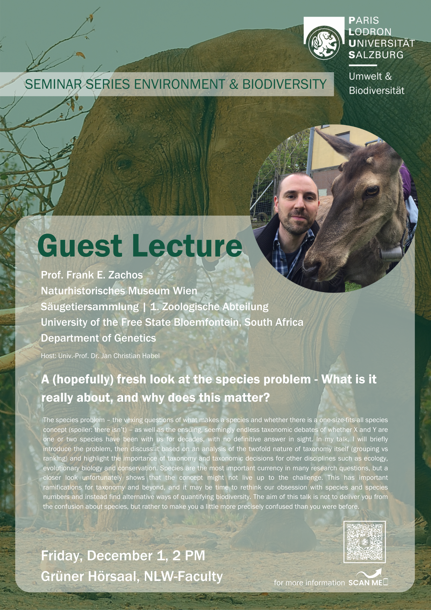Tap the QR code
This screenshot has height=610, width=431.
(x=365, y=542)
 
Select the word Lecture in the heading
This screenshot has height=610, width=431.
(x=187, y=246)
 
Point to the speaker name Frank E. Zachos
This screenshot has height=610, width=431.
(x=105, y=275)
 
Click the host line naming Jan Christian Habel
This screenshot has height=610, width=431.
(x=100, y=356)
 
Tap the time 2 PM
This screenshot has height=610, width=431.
(x=189, y=555)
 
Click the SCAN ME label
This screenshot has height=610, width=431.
(x=365, y=583)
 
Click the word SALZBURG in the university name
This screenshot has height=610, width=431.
(x=376, y=55)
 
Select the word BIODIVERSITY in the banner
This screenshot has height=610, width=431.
(x=284, y=84)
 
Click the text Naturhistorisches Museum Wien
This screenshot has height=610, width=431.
(x=119, y=291)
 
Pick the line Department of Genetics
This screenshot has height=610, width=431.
(x=98, y=338)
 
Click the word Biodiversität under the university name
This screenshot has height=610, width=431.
(x=376, y=91)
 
